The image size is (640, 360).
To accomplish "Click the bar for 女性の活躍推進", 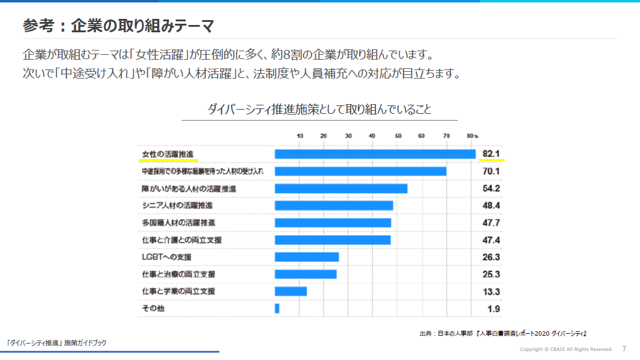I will (375, 154).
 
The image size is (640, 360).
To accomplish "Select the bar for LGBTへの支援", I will (307, 257).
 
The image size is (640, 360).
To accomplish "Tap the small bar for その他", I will (277, 308).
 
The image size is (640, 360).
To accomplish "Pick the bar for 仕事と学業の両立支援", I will (291, 291).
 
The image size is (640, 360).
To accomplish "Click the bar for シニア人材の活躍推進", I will (334, 205).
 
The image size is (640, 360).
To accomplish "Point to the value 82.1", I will (491, 154).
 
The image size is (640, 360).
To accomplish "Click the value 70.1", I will (491, 171).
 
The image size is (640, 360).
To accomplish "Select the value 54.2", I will (491, 188).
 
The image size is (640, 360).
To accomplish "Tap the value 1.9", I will (493, 309).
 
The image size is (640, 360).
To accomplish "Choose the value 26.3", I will (491, 257).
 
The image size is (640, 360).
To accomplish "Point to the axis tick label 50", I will (397, 135).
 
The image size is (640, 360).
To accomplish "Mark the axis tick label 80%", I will (472, 135).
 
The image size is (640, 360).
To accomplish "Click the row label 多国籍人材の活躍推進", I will (178, 223).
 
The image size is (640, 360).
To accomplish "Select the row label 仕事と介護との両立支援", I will (181, 240).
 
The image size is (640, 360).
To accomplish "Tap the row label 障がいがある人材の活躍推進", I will (188, 189).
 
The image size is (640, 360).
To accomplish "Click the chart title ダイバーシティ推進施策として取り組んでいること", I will (319, 110).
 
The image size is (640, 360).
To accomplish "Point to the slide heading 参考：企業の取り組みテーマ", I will (118, 26).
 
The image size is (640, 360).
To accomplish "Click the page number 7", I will (624, 349).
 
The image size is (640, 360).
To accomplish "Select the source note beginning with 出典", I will (503, 333).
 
